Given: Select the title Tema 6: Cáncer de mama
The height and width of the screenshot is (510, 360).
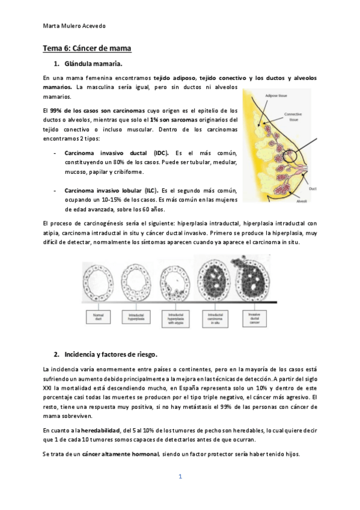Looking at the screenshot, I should pyautogui.click(x=87, y=48).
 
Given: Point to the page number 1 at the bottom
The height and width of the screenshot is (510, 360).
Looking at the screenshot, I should pyautogui.click(x=180, y=477).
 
